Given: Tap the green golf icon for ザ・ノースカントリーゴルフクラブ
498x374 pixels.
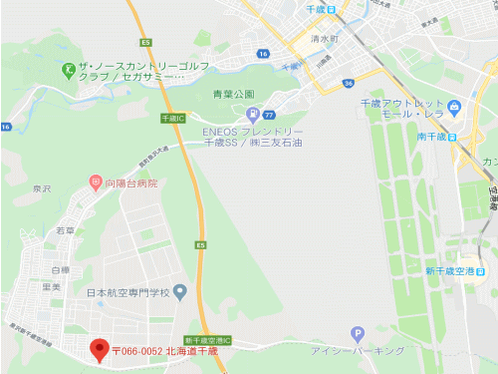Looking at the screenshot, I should (x=67, y=70).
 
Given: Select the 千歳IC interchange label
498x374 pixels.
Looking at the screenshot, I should (x=173, y=118).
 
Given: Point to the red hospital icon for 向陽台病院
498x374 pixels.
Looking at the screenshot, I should (x=96, y=183).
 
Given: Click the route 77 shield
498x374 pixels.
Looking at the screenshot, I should (x=269, y=116).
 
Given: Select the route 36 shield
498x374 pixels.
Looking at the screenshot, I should (x=348, y=83).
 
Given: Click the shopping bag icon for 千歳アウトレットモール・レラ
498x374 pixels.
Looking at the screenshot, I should (x=454, y=106).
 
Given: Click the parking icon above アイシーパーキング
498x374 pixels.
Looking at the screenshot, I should (x=358, y=334).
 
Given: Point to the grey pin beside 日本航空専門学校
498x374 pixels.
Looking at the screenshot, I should (x=179, y=292).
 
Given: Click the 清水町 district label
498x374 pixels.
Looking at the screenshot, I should (x=325, y=39).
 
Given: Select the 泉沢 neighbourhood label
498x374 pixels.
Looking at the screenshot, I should (x=41, y=188).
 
